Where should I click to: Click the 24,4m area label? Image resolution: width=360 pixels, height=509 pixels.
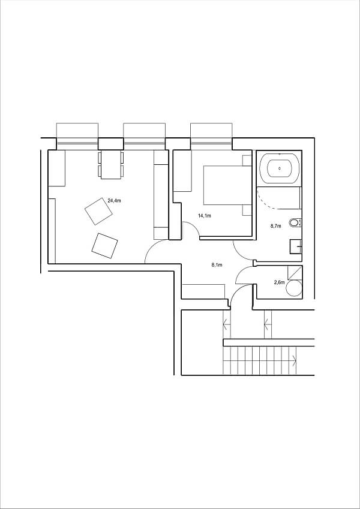click(113, 201)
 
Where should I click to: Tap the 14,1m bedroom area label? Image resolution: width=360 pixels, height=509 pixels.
click(205, 215)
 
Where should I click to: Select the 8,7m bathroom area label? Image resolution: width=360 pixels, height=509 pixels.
click(276, 226)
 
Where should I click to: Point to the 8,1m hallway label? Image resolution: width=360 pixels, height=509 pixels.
click(217, 264)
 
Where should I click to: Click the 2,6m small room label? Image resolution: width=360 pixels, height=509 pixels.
click(279, 282)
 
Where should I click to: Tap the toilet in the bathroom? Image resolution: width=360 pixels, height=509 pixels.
click(294, 223)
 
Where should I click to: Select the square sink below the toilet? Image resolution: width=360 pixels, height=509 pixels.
click(295, 246)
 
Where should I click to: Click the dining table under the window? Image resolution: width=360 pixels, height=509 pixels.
click(110, 164)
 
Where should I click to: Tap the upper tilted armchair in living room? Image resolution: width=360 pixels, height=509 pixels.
click(98, 211)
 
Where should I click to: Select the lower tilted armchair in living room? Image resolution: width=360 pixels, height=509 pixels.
click(104, 245)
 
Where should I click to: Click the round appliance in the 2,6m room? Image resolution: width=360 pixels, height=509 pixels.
click(294, 288)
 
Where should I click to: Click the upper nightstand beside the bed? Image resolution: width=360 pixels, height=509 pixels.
click(247, 160)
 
